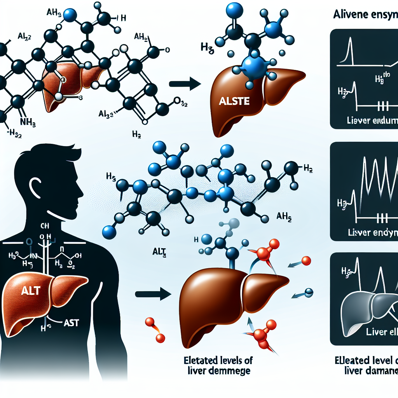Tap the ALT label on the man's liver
tap(31, 290)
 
